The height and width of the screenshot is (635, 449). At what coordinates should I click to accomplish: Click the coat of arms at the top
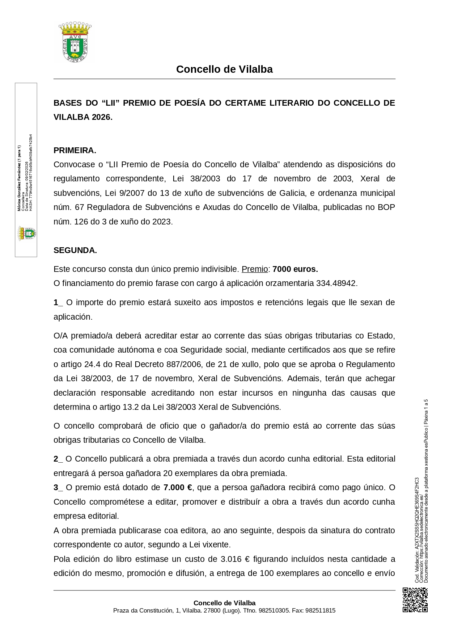75,42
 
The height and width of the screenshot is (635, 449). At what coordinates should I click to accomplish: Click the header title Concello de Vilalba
224,69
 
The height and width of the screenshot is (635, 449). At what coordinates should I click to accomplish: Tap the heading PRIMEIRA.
75,150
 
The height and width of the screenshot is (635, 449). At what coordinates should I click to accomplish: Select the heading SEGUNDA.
75,250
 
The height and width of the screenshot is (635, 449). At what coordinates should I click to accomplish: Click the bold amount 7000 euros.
295,269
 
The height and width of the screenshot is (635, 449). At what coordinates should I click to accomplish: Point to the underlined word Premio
255,269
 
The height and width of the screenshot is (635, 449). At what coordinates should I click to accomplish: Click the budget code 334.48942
336,283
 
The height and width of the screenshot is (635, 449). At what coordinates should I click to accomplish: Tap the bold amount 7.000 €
178,487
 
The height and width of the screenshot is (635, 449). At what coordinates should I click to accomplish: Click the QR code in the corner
415,600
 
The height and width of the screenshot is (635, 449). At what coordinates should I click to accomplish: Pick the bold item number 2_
58,459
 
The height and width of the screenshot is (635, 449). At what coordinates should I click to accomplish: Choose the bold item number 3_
58,487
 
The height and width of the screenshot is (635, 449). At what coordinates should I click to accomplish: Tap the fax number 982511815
320,610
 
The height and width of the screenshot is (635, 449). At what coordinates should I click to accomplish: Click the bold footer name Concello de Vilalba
224,603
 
